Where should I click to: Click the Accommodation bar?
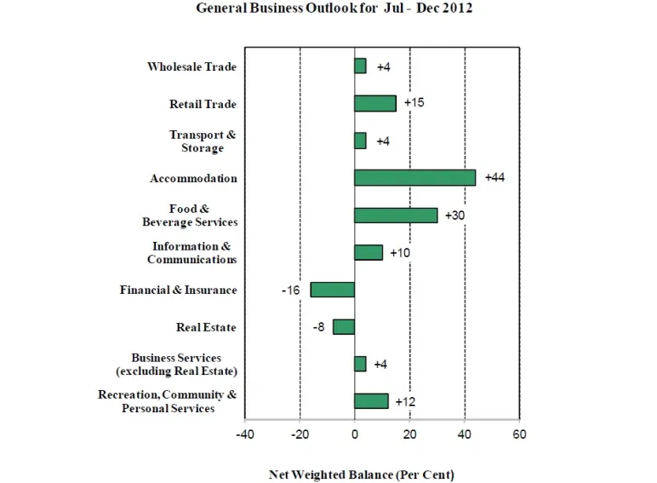(414, 178)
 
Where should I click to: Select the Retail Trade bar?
(375, 103)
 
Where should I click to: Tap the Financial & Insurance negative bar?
(333, 290)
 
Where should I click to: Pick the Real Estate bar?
(344, 327)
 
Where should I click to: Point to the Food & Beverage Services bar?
(396, 216)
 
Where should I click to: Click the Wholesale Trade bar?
(360, 66)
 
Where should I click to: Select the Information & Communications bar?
(368, 252)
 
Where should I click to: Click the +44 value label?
(494, 178)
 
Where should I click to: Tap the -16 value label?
(290, 290)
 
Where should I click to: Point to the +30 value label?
(455, 216)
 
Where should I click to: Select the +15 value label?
(414, 103)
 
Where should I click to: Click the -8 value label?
(319, 327)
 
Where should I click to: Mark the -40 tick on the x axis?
(245, 434)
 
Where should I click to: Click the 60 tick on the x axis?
(519, 434)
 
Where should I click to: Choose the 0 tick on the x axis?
(355, 434)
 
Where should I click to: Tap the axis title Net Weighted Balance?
(362, 474)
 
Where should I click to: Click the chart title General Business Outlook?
(334, 9)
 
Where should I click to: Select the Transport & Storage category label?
(203, 141)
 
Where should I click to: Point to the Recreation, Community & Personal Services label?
(167, 401)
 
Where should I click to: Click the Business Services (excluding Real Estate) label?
(176, 364)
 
